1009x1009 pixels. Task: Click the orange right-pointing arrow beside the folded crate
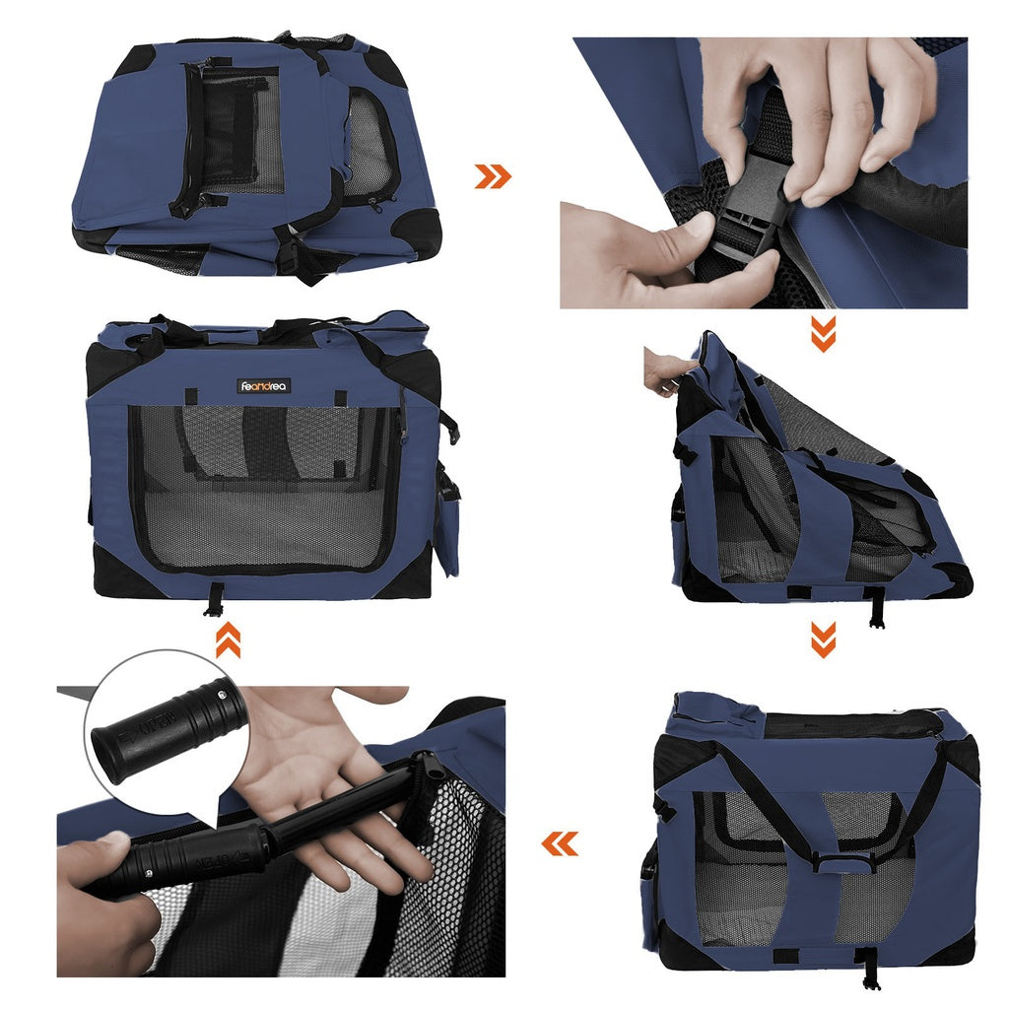coord(493,176)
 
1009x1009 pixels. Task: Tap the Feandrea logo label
coord(263,386)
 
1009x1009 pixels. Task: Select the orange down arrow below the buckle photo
coord(823,334)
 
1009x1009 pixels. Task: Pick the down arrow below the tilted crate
coord(823,639)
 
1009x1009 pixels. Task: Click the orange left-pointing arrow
coord(560,843)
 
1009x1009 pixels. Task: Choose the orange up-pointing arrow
coord(228,641)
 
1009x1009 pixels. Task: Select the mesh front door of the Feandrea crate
coord(264,488)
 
